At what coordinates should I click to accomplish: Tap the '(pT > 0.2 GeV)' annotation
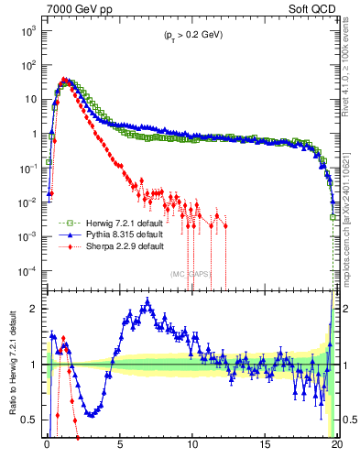pos(192,35)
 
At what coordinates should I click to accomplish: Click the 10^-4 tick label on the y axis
pos(28,270)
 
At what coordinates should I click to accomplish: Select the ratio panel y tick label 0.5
pos(31,420)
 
